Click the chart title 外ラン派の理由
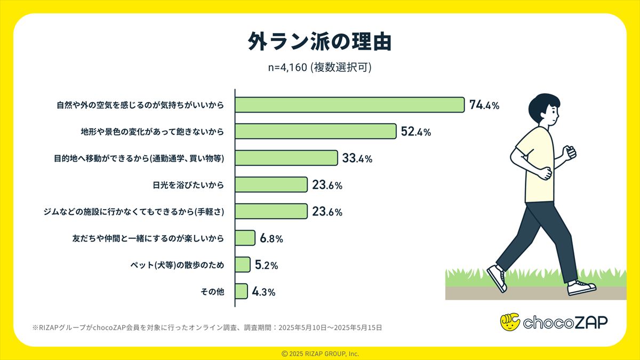tap(319, 42)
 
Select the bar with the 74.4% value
tap(349, 105)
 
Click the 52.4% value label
tap(415, 131)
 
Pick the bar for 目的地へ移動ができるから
tap(286, 158)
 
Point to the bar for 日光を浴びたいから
tap(271, 185)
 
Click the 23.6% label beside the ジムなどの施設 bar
tap(327, 212)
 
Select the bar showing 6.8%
tap(245, 238)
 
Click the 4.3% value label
tap(263, 292)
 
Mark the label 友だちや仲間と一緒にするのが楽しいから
tap(148, 238)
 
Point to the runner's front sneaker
tap(580, 287)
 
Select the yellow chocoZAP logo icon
tap(510, 322)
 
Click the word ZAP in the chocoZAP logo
tap(586, 322)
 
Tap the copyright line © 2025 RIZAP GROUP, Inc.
tap(320, 354)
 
